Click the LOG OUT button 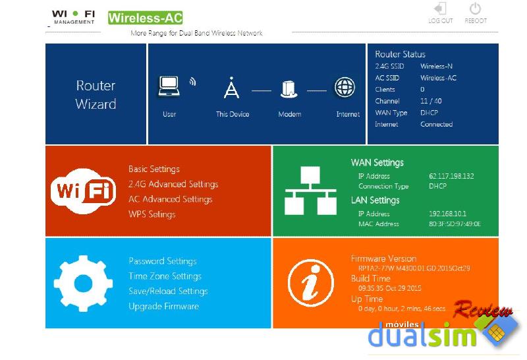coord(440,13)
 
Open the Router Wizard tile coord(96,94)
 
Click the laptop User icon coord(169,87)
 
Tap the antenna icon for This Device coord(232,88)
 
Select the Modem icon coord(289,89)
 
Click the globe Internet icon coord(345,87)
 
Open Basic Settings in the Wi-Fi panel coord(154,169)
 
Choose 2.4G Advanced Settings coord(173,184)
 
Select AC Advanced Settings coord(170,199)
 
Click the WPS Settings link coord(152,214)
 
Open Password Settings coord(163,261)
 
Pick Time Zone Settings coord(165,276)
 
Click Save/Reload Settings coord(168,291)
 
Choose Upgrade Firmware coord(163,306)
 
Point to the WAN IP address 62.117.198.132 coord(451,176)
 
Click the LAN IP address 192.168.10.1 coord(448,214)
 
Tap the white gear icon coord(83,284)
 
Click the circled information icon coord(311,283)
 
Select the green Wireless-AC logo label coord(145,18)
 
